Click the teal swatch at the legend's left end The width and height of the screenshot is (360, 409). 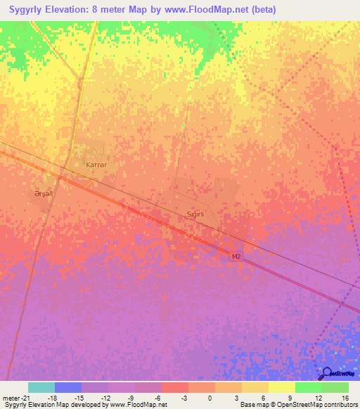tap(41, 387)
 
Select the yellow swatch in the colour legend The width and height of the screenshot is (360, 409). tap(281, 387)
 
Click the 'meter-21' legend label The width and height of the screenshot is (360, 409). tap(15, 398)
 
